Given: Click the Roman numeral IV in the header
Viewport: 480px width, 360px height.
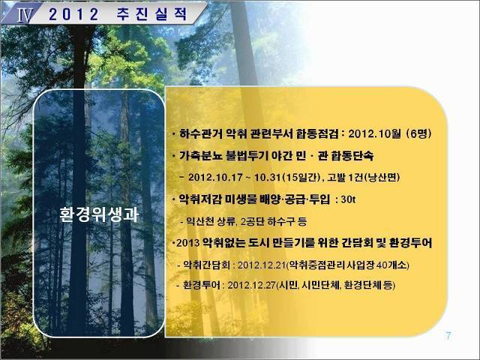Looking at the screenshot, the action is click(24, 15).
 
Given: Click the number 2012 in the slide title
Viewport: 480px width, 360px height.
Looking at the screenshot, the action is click(73, 14).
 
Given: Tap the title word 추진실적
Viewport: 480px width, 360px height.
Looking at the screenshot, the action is click(151, 14).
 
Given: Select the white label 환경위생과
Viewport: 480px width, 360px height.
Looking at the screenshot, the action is click(99, 214).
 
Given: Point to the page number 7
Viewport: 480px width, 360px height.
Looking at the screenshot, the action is click(448, 336).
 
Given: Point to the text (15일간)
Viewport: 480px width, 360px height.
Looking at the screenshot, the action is click(301, 178).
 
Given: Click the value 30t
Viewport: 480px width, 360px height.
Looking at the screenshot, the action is click(348, 199).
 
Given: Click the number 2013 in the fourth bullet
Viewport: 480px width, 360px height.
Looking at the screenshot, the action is click(188, 243).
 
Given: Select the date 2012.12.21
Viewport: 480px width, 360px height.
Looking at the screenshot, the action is click(262, 265).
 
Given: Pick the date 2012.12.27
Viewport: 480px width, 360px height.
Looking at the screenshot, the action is click(252, 285).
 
